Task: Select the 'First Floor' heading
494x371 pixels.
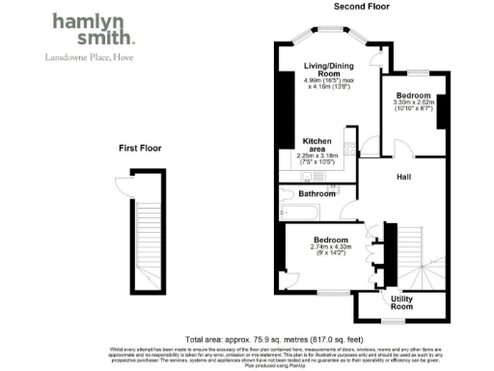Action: click(x=139, y=149)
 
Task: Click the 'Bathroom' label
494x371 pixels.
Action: click(x=316, y=194)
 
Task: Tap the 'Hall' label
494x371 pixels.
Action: click(x=406, y=178)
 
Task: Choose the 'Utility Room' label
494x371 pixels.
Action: click(x=402, y=303)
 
